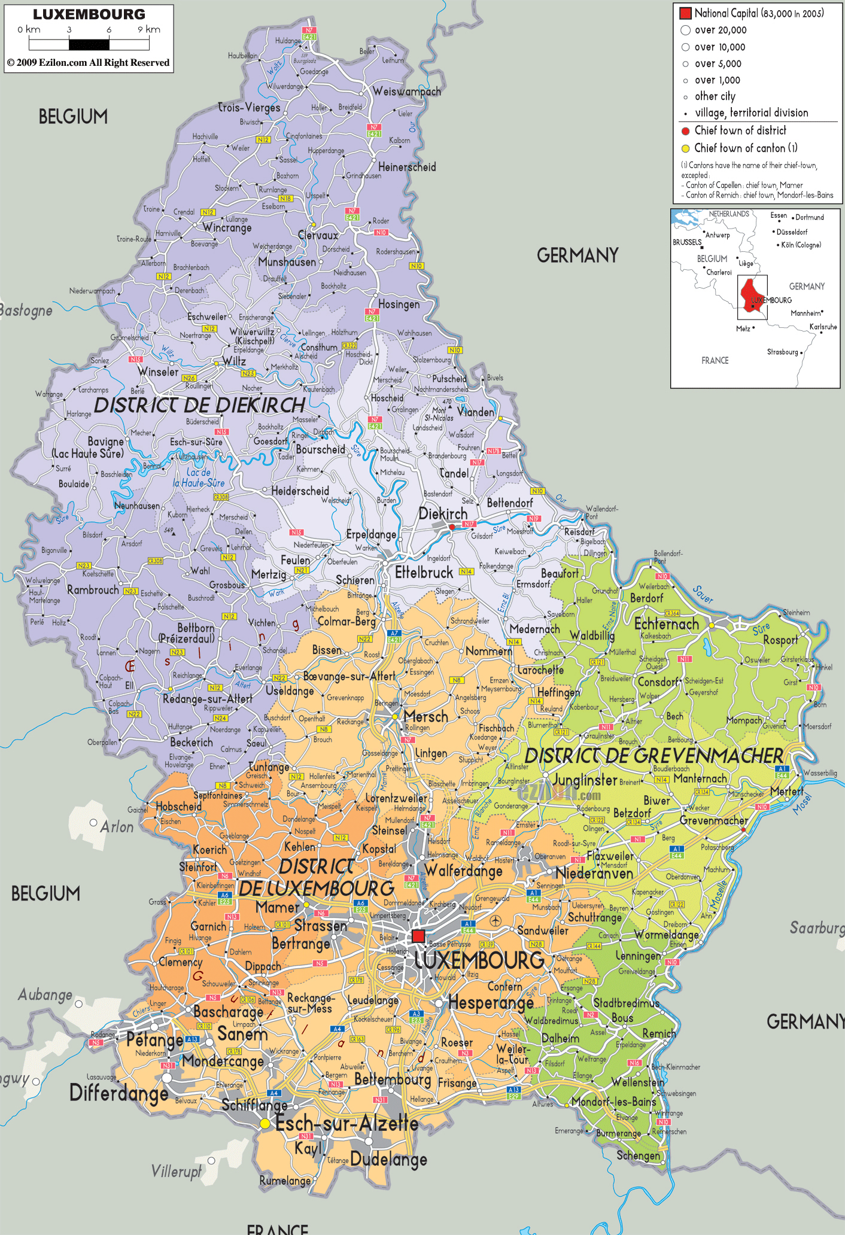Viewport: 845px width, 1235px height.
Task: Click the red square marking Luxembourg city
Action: tap(418, 936)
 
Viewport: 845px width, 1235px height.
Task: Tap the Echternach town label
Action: tap(666, 624)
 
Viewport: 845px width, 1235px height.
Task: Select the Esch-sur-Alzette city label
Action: tap(346, 1123)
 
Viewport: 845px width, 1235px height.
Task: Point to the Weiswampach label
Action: tap(406, 92)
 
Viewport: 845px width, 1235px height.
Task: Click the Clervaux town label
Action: tap(318, 235)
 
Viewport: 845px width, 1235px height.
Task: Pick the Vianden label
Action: tap(476, 412)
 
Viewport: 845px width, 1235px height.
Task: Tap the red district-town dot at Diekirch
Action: tap(452, 527)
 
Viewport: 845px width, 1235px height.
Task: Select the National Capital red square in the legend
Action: tap(685, 13)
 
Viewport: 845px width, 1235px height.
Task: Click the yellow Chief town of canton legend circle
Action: tap(685, 148)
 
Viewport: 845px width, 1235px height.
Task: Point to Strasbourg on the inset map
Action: tap(783, 352)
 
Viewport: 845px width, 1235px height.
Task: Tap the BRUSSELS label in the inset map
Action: tap(686, 242)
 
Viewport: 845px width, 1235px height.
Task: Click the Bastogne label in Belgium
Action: tap(26, 311)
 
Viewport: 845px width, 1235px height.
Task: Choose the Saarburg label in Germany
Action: tap(816, 927)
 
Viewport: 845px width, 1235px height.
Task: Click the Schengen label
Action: tap(638, 1155)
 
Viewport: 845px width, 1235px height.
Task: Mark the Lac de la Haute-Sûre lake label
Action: tap(199, 477)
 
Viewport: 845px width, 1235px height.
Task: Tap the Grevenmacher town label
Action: tap(713, 820)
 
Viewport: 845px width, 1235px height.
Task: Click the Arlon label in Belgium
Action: tap(117, 827)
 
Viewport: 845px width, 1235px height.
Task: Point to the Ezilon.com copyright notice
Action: tap(89, 63)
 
